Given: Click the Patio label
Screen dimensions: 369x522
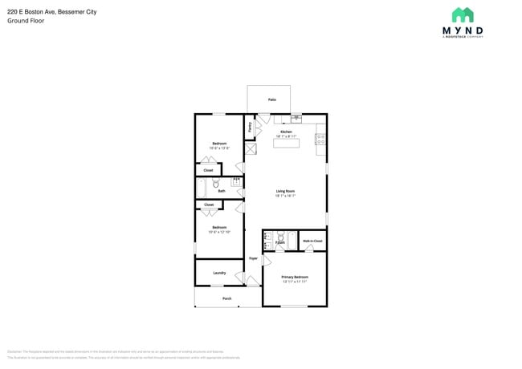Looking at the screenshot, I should coord(271,99).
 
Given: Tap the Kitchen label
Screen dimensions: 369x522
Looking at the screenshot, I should coord(286,132).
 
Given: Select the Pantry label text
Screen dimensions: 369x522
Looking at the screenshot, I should coord(250,127).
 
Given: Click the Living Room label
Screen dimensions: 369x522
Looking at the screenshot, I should coord(286,191).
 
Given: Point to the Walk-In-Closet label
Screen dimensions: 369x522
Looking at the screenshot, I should coord(312,241).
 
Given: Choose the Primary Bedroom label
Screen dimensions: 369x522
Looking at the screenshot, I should coord(294,277).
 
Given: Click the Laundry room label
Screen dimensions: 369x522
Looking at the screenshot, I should coord(218,273).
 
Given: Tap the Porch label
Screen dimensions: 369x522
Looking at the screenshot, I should coord(226,298).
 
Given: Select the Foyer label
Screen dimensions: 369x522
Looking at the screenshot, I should coord(253,258).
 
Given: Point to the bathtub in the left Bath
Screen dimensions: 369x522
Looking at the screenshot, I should coord(202,188).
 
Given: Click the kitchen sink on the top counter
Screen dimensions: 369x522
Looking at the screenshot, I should coord(296,119).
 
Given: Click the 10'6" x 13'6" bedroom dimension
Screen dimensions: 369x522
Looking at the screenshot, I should coord(219,148).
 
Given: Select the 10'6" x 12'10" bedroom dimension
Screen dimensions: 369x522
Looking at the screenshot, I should coord(219,232).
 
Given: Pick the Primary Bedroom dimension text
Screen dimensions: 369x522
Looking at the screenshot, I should coord(294,282).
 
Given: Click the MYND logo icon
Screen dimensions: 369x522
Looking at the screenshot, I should coord(463,15).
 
